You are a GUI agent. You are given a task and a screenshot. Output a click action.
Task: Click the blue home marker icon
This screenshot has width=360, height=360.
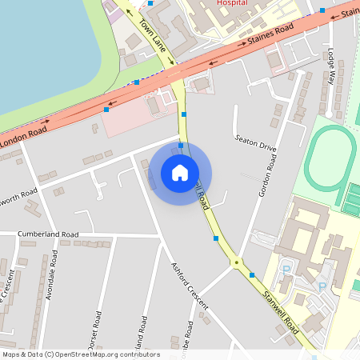[180, 173]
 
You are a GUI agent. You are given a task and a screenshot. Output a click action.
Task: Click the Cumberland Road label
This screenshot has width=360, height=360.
[49, 234]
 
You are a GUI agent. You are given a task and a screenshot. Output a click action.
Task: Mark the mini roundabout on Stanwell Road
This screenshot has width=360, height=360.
[237, 262]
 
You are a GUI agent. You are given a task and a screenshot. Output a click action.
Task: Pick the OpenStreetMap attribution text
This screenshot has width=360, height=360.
[80, 354]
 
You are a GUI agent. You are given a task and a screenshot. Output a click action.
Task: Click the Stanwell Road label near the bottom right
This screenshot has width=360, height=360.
[280, 312]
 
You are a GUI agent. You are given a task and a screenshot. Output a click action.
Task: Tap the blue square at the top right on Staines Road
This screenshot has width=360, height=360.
[322, 10]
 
